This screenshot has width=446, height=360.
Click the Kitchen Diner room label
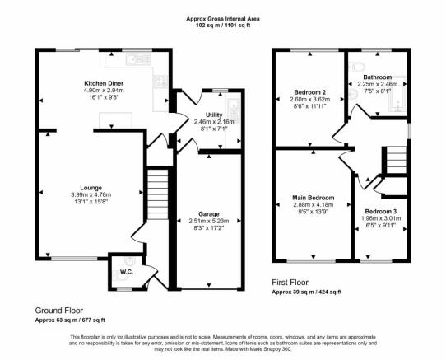coord(104,83)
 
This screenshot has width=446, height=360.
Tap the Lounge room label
coord(91,188)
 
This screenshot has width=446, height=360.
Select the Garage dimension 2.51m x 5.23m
coord(209,221)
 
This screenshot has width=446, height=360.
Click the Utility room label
coord(214,115)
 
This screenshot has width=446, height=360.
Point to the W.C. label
coord(127,272)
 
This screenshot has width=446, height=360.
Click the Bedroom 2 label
coord(310,92)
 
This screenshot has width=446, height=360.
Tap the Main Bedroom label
coord(314,198)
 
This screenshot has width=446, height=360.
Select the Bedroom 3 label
coord(381,212)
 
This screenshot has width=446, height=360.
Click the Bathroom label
coord(378,77)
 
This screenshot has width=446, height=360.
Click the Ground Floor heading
coord(59,310)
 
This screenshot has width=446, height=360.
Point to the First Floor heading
coord(290,283)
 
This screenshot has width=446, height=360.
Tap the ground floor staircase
coord(158,194)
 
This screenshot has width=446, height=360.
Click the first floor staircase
coord(397,160)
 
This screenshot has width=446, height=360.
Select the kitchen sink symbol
coord(138,59)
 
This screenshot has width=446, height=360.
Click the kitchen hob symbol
coord(160,82)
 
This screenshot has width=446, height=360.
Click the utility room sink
coord(234,110)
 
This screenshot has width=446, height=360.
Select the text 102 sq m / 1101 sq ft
coord(223,25)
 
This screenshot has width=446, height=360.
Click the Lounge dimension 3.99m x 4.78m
coord(91,194)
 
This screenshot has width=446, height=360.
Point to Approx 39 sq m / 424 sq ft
coord(307,292)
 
